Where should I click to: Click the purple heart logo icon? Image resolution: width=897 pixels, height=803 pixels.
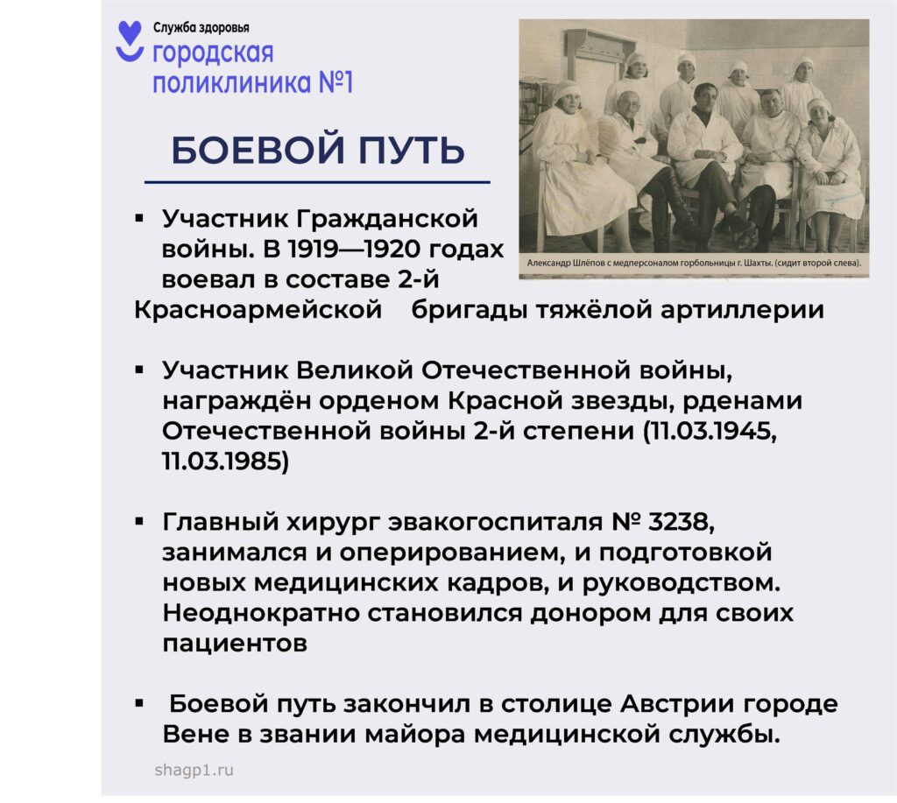coord(130,40)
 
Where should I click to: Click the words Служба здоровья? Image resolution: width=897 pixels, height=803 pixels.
coord(201,27)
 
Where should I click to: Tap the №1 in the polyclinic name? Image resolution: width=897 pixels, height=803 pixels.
coord(335,81)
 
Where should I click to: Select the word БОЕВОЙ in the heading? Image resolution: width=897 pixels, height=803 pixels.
coord(258,151)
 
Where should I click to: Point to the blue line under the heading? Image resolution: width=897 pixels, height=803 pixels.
coord(317,182)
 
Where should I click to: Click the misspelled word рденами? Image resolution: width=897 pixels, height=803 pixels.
coord(743,401)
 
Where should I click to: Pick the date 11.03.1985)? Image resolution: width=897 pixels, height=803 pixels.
coord(225,461)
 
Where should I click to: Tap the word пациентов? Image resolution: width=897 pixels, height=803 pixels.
coord(235,644)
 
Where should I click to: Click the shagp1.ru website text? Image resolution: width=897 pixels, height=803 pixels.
coord(194,771)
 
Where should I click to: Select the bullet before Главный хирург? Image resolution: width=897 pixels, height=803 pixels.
coord(139,521)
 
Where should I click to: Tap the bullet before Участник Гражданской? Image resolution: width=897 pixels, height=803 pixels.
coord(139,218)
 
